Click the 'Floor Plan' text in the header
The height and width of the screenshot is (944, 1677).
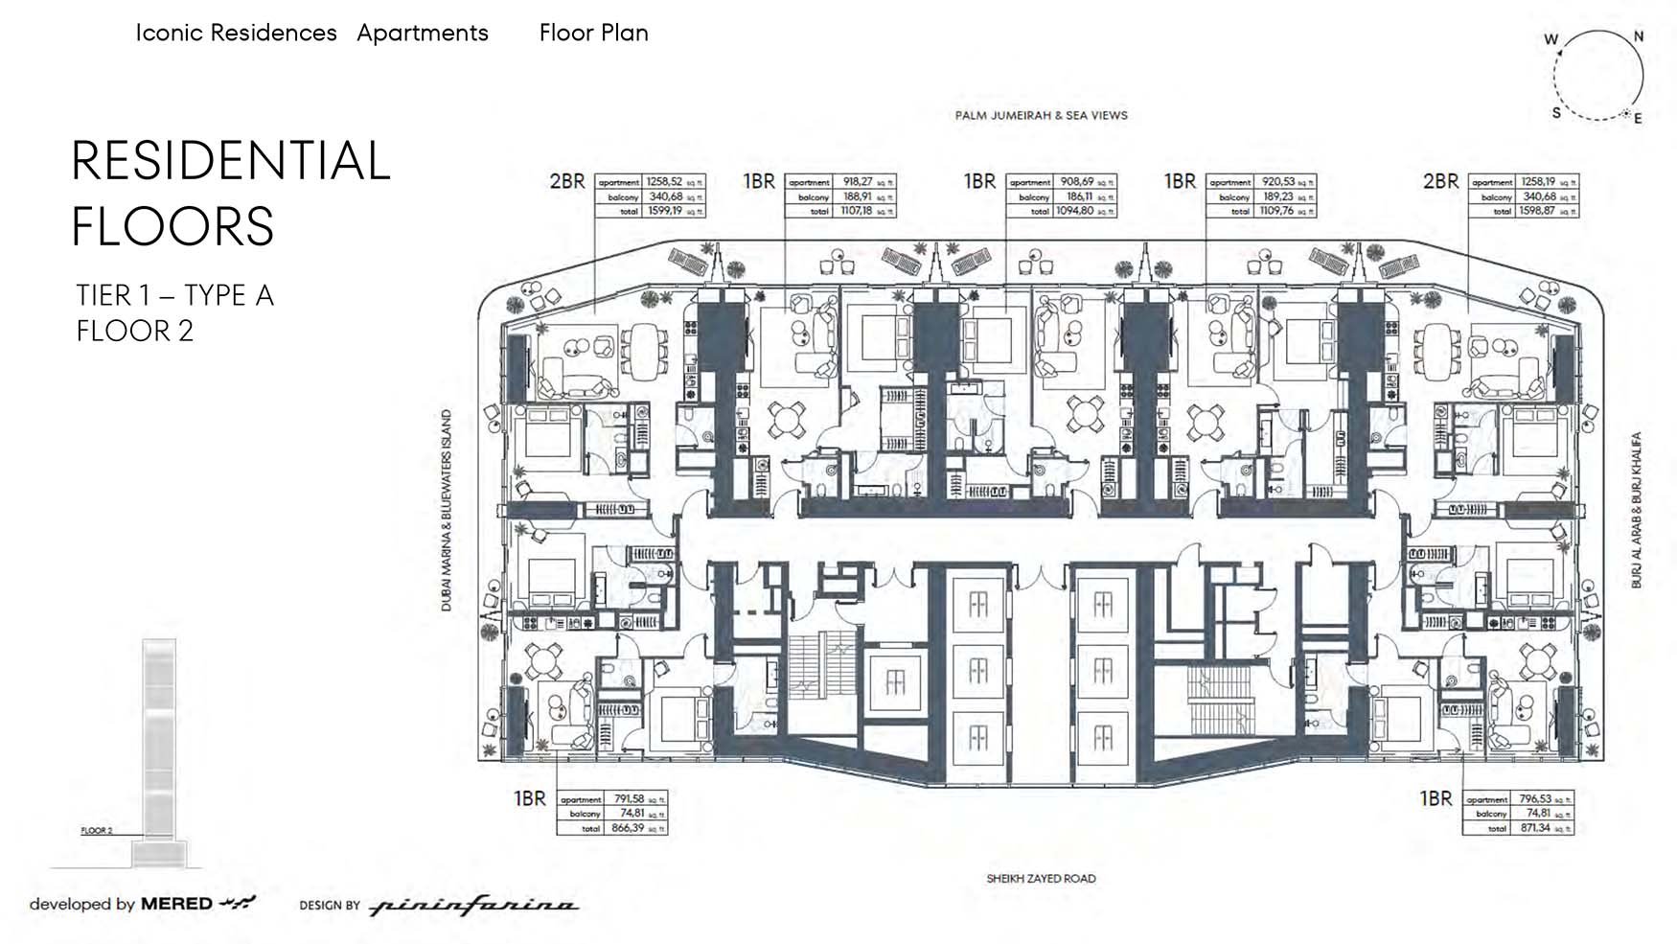click(x=593, y=33)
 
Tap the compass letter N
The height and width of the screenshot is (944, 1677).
click(x=1639, y=36)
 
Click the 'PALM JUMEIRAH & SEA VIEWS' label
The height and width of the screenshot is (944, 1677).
click(x=1041, y=115)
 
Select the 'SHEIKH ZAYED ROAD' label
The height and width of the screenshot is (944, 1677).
click(x=1041, y=878)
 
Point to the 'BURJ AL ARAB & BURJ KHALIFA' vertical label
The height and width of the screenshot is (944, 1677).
click(x=1637, y=510)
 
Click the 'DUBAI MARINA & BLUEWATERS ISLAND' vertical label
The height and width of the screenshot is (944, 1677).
click(x=446, y=511)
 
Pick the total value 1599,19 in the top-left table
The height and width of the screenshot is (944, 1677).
click(x=664, y=210)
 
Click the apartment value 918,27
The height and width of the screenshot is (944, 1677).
click(x=857, y=181)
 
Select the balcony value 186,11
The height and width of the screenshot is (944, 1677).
click(x=1078, y=196)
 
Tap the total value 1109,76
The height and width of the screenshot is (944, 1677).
click(x=1278, y=211)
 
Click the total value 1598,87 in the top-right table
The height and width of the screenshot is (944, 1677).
click(x=1536, y=211)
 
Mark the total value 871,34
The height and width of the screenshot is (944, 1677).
click(x=1534, y=828)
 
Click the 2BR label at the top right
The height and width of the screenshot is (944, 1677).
click(x=1440, y=181)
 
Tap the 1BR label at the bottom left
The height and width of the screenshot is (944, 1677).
click(x=529, y=798)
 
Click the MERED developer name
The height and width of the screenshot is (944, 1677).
click(x=176, y=904)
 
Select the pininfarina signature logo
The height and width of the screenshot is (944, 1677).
click(x=473, y=906)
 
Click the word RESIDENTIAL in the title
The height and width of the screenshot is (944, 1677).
click(x=231, y=161)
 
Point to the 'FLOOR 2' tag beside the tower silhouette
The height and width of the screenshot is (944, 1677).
click(x=97, y=831)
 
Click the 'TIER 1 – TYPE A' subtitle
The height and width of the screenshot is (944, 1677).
click(x=175, y=295)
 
